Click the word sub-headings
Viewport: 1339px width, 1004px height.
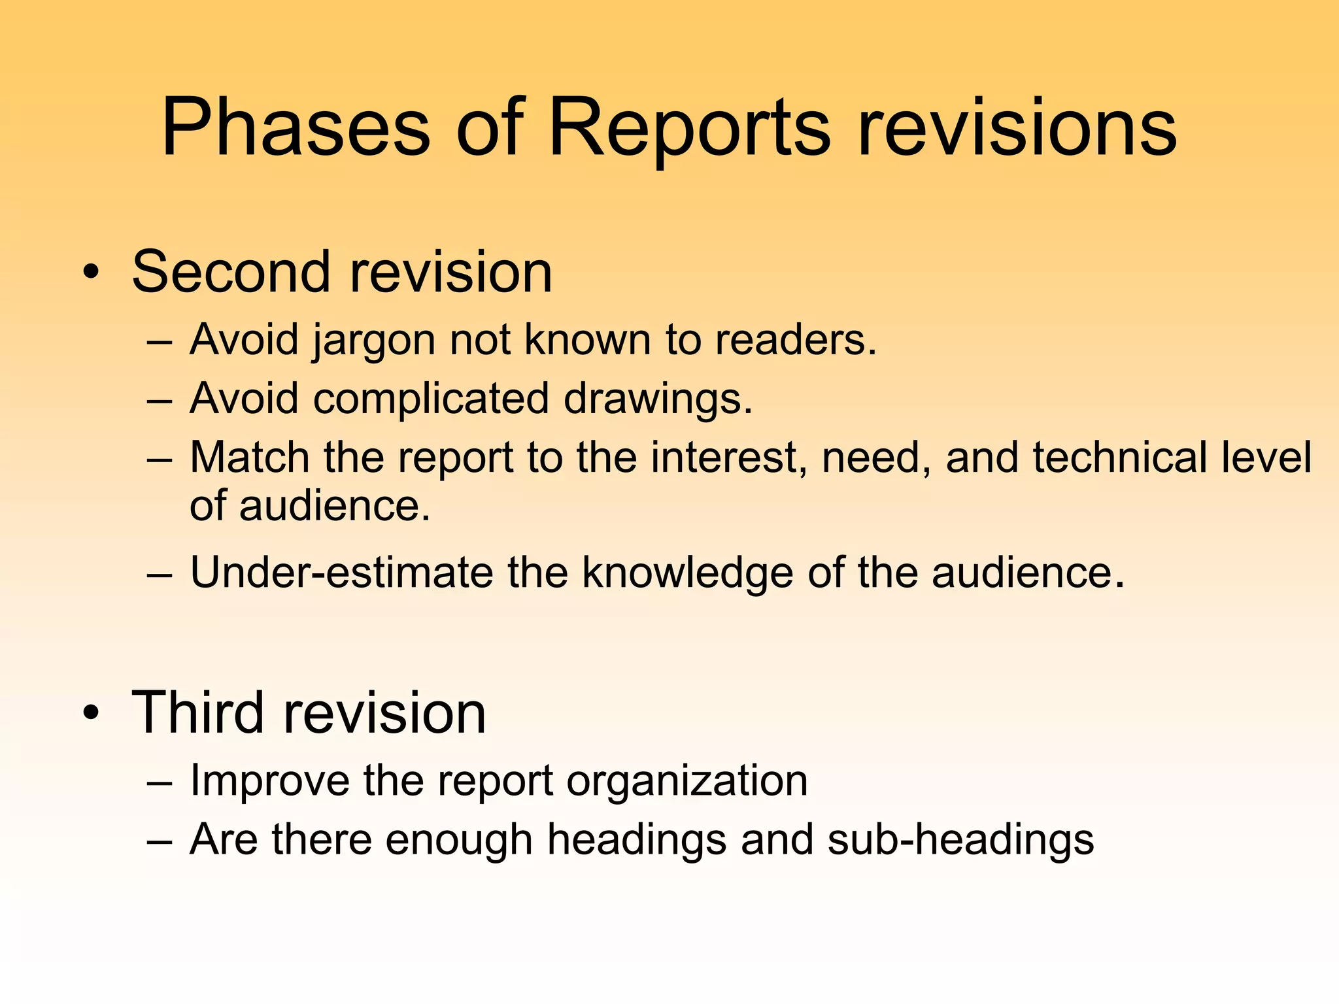[960, 840]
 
